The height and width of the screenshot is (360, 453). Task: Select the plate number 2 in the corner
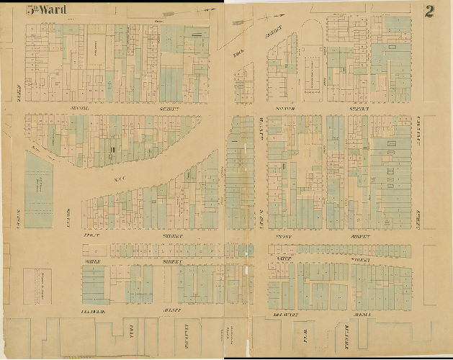click(429, 11)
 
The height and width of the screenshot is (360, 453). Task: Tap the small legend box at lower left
click(39, 286)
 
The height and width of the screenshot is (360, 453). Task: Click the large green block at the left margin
click(39, 189)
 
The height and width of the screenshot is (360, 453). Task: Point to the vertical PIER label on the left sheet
click(130, 336)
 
